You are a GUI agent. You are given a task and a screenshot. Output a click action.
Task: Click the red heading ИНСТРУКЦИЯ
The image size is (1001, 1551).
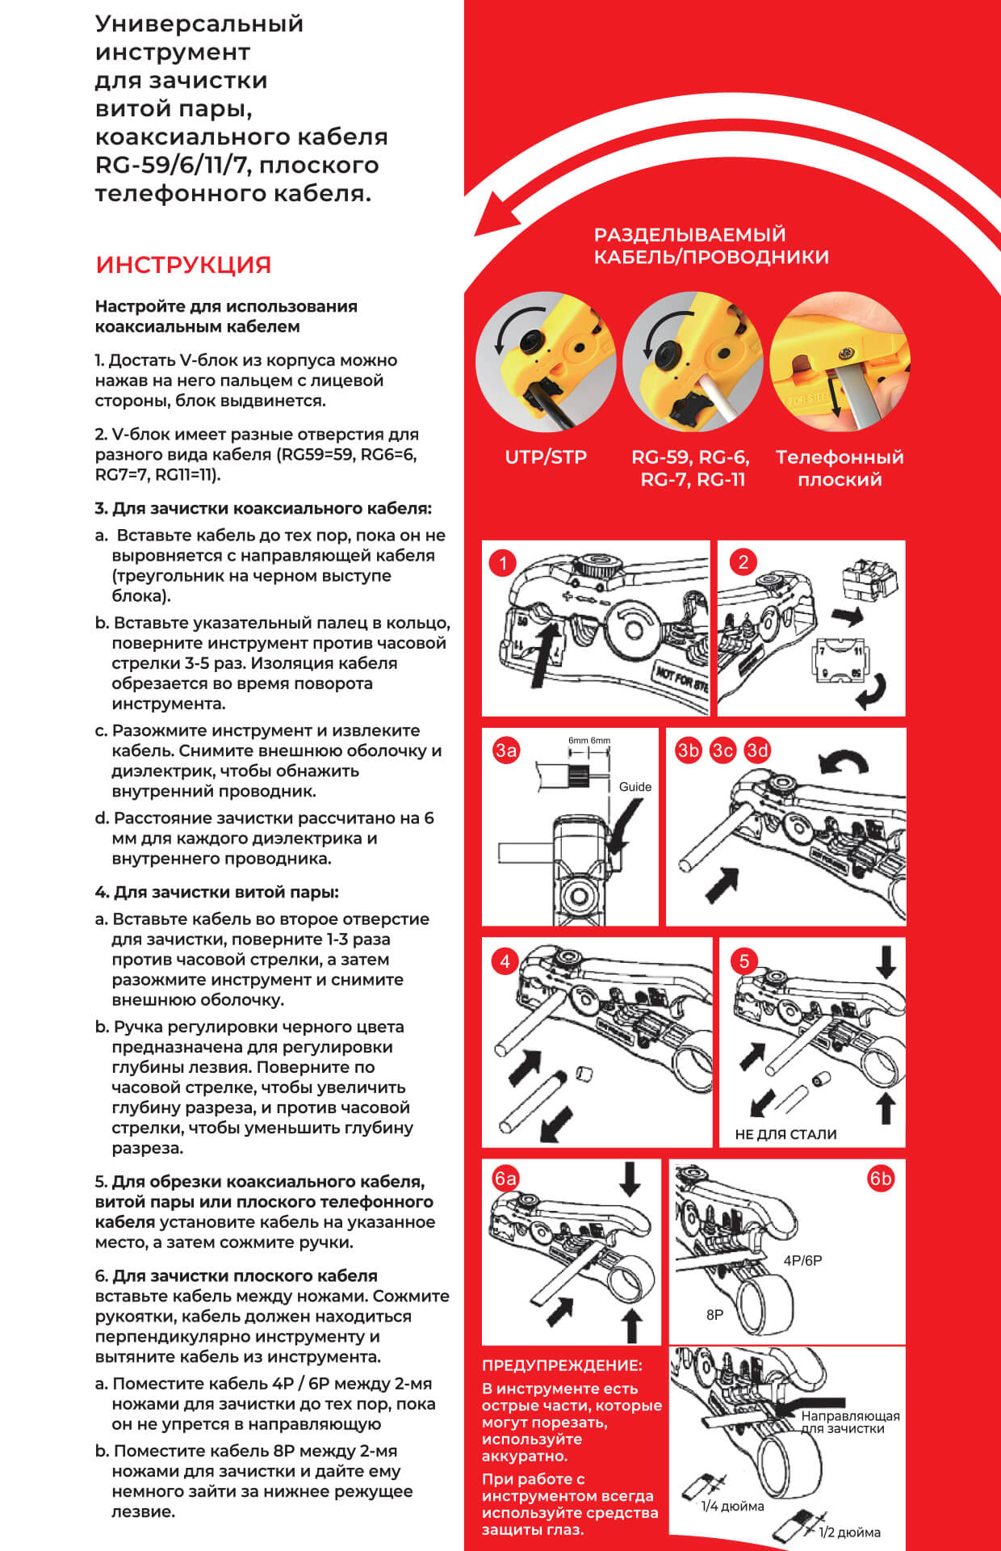pos(183,265)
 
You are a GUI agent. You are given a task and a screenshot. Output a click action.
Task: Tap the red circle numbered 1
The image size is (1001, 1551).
pos(503,563)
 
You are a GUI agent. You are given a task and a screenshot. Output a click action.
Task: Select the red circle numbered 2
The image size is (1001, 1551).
pos(743,561)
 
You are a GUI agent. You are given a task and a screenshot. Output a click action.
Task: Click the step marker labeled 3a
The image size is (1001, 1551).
pos(506,750)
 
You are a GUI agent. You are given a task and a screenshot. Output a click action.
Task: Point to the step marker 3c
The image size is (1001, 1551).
pos(722,750)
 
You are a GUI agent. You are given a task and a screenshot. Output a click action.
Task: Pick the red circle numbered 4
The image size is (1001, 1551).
pos(505,961)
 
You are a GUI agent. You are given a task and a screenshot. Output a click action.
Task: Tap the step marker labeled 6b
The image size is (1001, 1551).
pos(881,1179)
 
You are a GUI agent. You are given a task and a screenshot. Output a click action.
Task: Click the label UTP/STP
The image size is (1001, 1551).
pos(546,457)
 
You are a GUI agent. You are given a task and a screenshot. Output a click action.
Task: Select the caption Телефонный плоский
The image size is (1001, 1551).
pos(840,469)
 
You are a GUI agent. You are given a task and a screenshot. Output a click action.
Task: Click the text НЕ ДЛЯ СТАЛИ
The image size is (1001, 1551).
pos(785,1134)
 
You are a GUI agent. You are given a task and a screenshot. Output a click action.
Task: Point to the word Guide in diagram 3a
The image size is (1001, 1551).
pos(635,787)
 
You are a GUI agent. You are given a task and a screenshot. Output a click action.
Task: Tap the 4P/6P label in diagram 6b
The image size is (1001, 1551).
pos(802,1260)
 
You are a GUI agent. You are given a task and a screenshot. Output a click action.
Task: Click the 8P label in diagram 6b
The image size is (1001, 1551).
pos(714,1314)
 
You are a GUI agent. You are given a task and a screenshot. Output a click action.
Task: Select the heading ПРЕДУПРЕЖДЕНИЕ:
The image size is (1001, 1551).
pos(562,1365)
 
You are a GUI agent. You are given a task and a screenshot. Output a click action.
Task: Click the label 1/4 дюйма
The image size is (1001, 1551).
pos(732,1506)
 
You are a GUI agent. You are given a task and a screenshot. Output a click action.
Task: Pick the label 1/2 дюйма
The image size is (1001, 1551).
pos(849,1532)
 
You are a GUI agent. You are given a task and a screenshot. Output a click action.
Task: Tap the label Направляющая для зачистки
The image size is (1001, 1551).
pos(850,1422)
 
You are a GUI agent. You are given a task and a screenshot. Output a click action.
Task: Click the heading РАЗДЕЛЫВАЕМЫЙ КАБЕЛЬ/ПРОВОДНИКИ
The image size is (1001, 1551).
pos(711,246)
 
